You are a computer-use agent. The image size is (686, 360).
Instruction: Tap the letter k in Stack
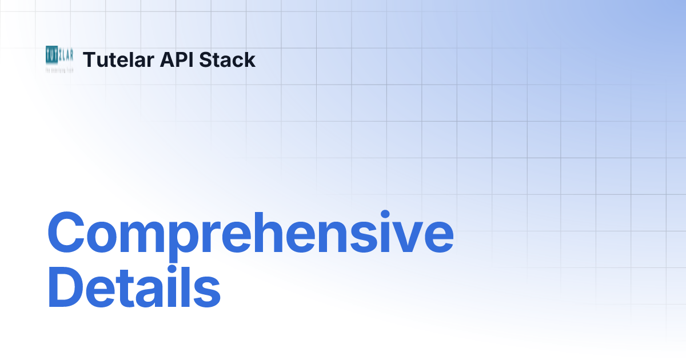tap(250, 60)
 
